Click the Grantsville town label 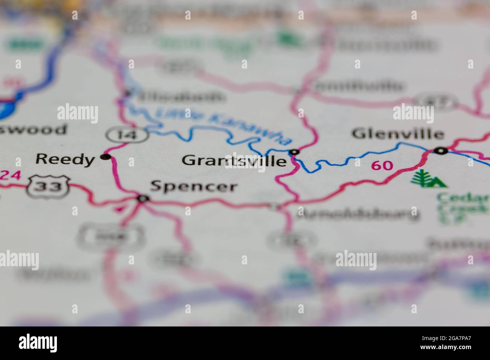pyautogui.click(x=234, y=161)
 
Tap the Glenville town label pyautogui.click(x=397, y=134)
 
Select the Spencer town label pyautogui.click(x=194, y=186)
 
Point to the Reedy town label pyautogui.click(x=65, y=159)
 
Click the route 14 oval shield pyautogui.click(x=126, y=135)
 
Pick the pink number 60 pyautogui.click(x=382, y=165)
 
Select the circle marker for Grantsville pyautogui.click(x=294, y=152)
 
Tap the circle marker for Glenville pyautogui.click(x=440, y=151)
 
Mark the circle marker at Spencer pyautogui.click(x=142, y=198)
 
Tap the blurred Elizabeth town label pyautogui.click(x=180, y=97)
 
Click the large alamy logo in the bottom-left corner pyautogui.click(x=38, y=343)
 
